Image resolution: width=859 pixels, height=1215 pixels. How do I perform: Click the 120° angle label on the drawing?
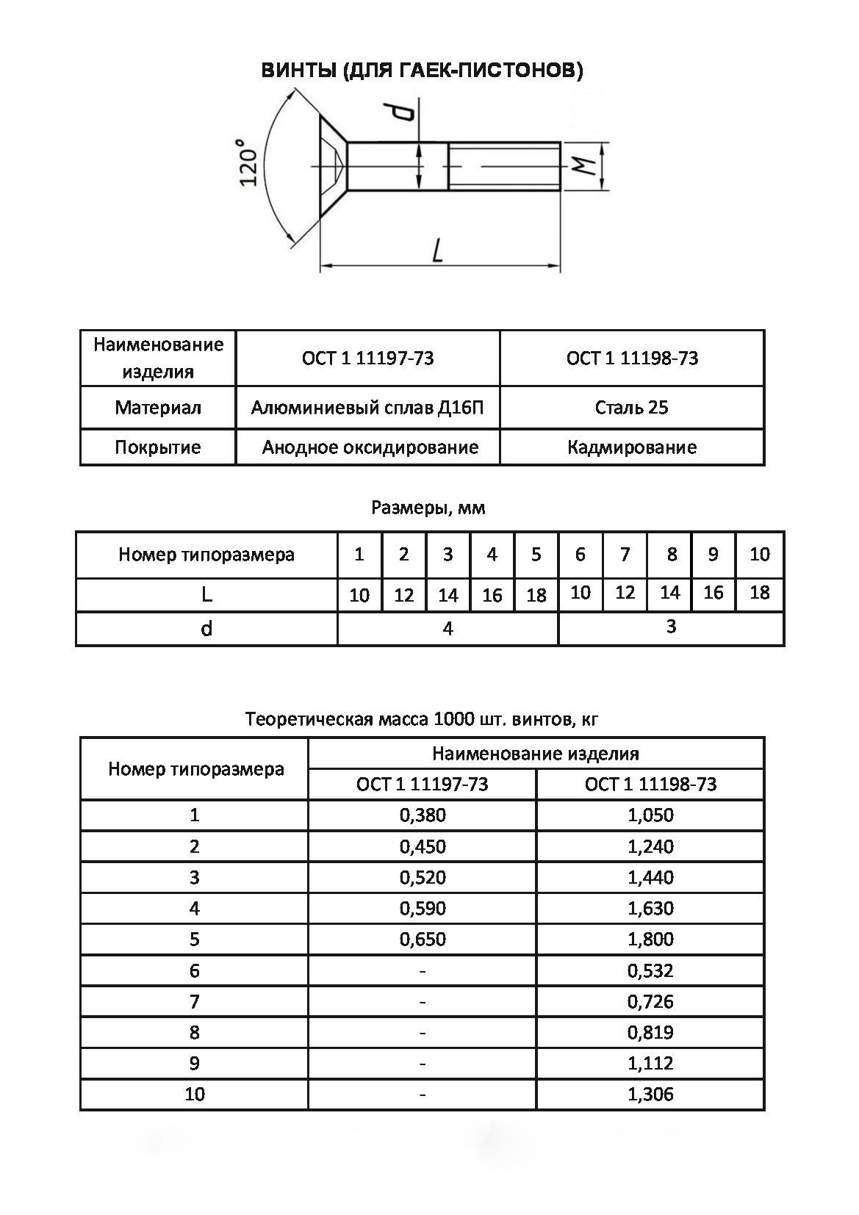249,162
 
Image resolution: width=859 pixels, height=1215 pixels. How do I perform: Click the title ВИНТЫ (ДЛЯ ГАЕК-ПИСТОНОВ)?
423,71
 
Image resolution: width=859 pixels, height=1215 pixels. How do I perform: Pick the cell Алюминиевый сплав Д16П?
367,408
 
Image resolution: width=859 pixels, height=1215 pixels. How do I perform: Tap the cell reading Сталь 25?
632,408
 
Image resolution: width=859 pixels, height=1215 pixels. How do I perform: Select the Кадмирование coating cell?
632,447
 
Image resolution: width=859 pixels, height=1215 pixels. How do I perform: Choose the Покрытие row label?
157,447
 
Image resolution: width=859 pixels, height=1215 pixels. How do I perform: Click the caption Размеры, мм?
428,508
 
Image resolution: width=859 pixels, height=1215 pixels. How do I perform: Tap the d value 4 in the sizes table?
448,629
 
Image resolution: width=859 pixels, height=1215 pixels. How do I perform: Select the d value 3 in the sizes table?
671,627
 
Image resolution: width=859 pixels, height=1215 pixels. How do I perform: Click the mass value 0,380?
423,815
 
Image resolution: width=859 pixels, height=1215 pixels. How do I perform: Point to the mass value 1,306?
650,1094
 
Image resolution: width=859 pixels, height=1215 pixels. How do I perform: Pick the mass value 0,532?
650,970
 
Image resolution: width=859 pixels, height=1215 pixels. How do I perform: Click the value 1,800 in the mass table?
650,939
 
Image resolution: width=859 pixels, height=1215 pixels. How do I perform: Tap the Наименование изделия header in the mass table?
536,754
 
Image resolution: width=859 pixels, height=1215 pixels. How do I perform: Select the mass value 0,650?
423,939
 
